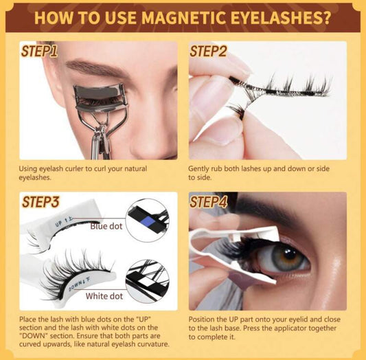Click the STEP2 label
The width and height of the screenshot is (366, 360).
tap(208, 52)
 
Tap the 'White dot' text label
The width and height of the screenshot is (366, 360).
tap(104, 296)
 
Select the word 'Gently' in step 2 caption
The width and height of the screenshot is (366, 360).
tap(201, 166)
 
